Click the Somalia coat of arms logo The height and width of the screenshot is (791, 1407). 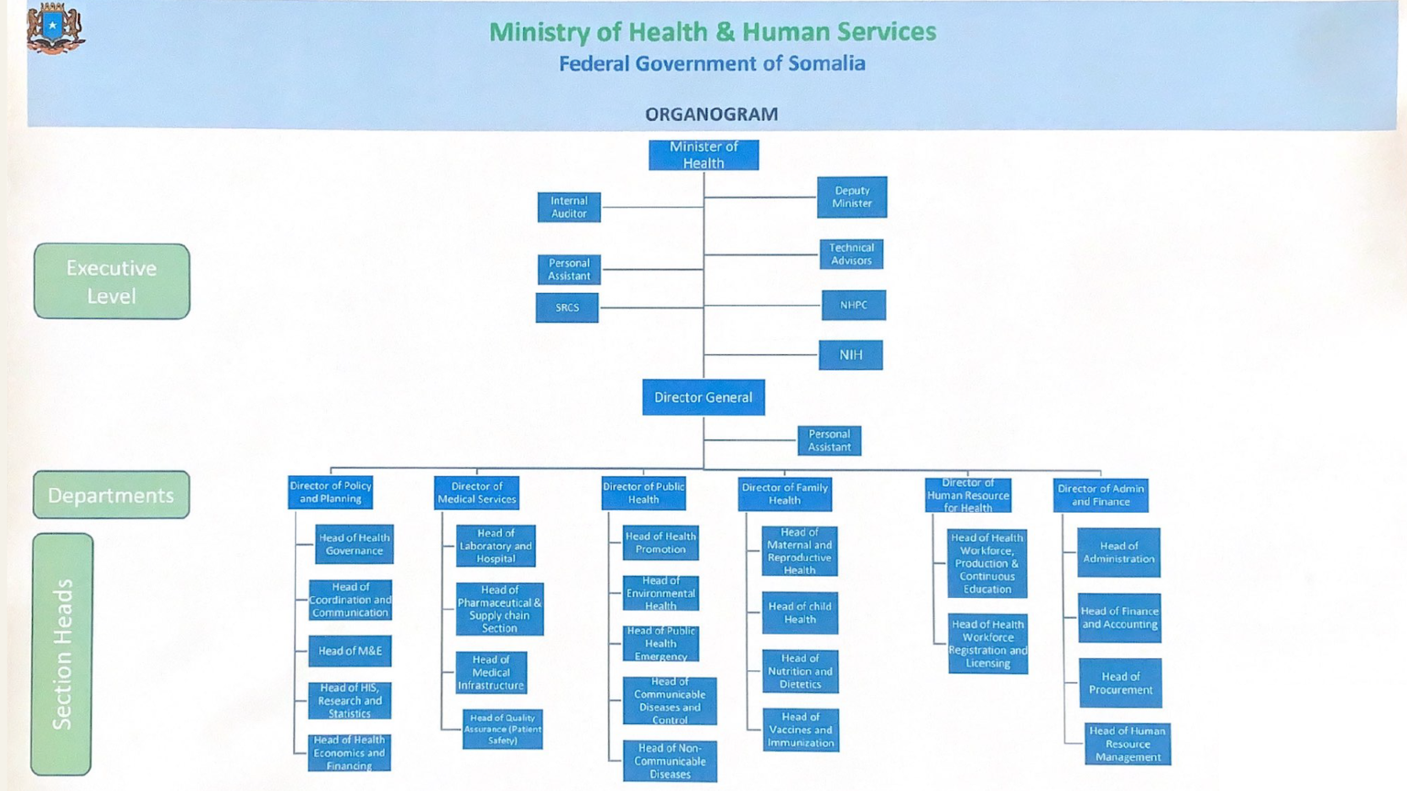tap(55, 28)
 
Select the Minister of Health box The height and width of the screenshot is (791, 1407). tap(703, 155)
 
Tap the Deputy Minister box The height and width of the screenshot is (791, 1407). tap(852, 197)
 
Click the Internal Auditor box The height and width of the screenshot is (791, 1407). tap(569, 207)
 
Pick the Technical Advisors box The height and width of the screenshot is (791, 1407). tap(851, 255)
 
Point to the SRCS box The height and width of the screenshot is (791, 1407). tap(567, 308)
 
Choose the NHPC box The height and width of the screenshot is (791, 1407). tap(854, 305)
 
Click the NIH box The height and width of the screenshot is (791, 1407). tap(850, 354)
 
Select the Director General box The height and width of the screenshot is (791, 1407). tap(703, 397)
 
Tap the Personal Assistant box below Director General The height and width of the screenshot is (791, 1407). tap(829, 440)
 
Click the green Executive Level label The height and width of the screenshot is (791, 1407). tap(112, 281)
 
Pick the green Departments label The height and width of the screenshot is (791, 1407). tap(111, 495)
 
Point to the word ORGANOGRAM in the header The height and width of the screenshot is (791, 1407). tap(712, 114)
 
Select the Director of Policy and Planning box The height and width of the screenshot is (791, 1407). tap(331, 493)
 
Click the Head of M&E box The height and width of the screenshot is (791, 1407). tap(350, 651)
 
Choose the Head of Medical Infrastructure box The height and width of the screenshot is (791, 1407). tap(491, 673)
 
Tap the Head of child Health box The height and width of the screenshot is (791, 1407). tap(800, 612)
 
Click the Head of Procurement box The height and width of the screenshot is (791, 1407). tap(1120, 683)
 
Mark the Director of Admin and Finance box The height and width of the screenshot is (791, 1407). tap(1100, 495)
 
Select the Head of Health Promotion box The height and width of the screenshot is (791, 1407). tap(660, 543)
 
